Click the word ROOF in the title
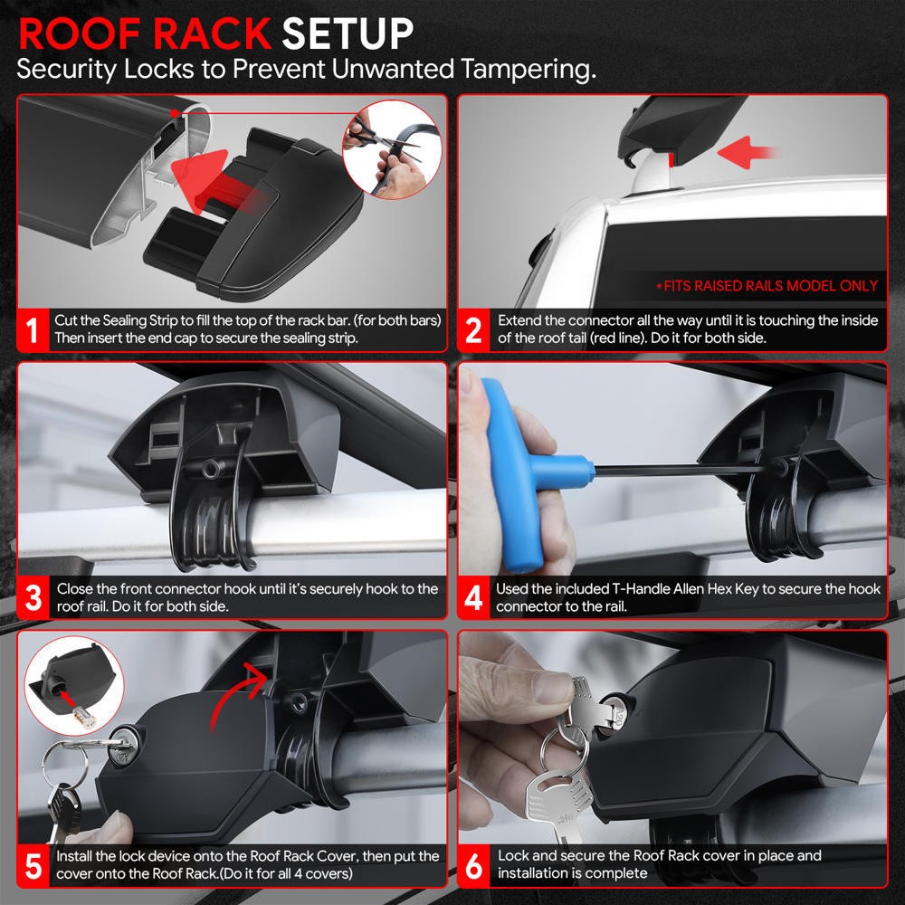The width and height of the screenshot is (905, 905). coord(77,33)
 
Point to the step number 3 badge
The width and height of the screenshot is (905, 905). coord(33,598)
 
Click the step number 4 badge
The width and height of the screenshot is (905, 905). coord(473,598)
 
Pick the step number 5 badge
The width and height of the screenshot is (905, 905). coord(33,865)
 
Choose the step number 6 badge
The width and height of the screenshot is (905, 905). coord(473,865)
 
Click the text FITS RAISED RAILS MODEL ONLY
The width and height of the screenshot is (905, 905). coord(767,286)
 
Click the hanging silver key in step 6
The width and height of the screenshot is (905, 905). coord(557,801)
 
